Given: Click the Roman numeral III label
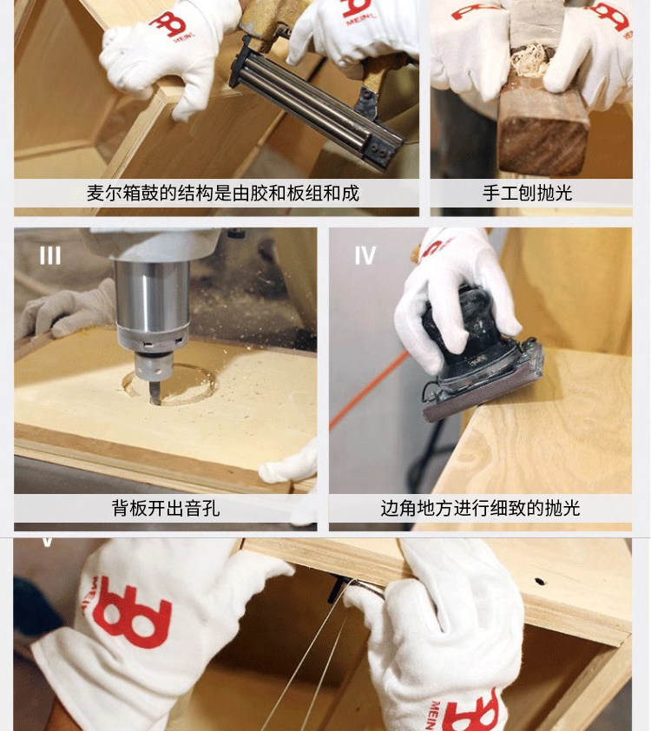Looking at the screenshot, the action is click(x=49, y=255).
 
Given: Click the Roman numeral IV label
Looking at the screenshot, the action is click(x=365, y=255).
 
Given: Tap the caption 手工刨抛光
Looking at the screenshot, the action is click(x=527, y=193).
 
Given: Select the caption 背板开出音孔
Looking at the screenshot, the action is click(x=166, y=508).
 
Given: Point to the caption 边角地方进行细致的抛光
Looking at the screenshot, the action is click(x=480, y=508).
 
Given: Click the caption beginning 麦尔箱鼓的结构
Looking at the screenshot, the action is click(x=223, y=193).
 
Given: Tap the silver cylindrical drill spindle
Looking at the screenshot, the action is click(x=152, y=299).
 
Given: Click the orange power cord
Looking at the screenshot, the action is click(x=368, y=392).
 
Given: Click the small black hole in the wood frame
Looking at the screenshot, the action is click(x=539, y=582).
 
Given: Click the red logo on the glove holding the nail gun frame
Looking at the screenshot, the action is click(x=168, y=24).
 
